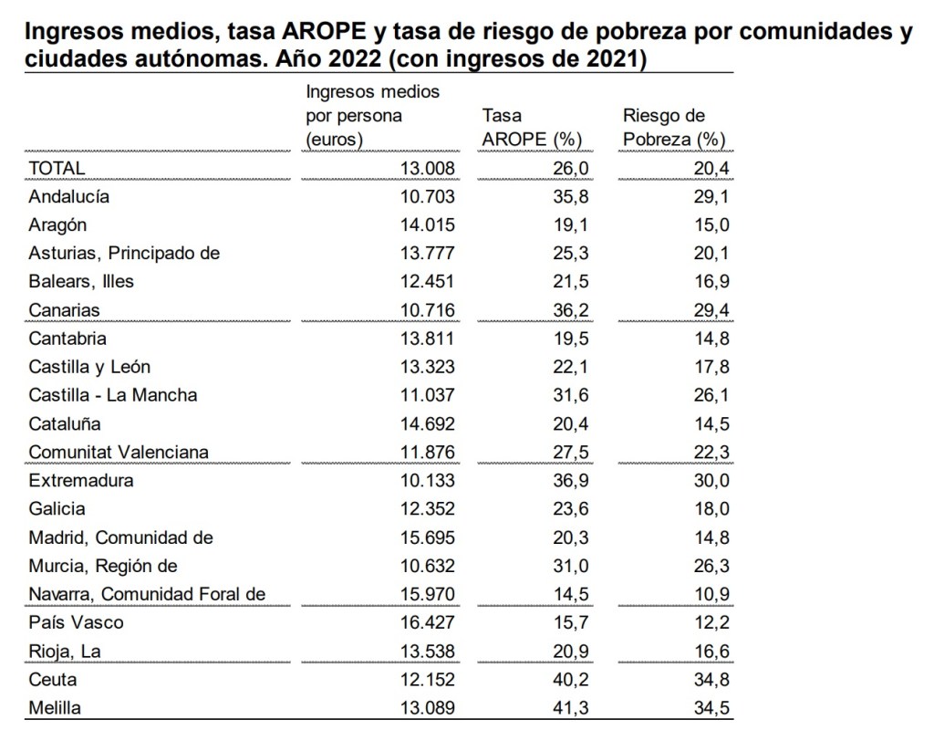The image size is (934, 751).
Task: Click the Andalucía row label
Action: click(68, 196)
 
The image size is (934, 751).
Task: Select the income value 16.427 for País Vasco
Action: click(426, 623)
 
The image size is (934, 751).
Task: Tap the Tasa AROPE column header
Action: click(532, 128)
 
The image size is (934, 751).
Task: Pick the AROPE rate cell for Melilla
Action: click(573, 708)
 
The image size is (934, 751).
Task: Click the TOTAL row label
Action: click(57, 168)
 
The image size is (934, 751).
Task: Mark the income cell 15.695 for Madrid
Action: click(426, 537)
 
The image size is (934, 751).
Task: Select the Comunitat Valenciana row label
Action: click(119, 453)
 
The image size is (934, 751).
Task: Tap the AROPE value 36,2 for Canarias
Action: click(573, 310)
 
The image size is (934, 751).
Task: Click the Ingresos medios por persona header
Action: click(372, 116)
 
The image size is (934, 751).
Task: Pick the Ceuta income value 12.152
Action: click(426, 680)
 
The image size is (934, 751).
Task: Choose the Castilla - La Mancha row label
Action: click(113, 395)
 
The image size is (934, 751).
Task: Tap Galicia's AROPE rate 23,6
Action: click(573, 509)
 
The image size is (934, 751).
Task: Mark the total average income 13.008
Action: click(426, 168)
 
